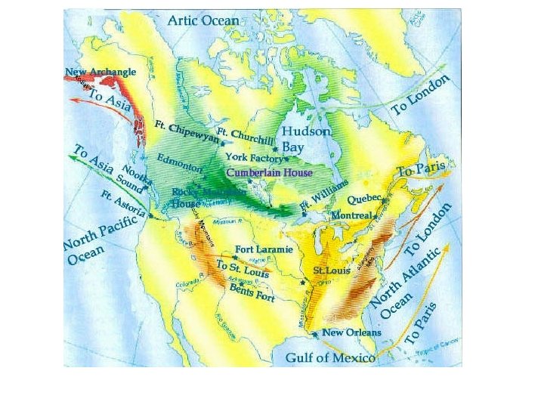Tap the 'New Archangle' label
pos(100,73)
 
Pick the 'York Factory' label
pos(254,158)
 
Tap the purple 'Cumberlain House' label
pos(270,173)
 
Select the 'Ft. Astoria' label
pos(123,202)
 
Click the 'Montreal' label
pos(352,215)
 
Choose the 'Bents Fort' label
pos(252,292)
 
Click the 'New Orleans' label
pos(351,332)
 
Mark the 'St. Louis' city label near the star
pos(330,270)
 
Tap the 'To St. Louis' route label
pos(243,267)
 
